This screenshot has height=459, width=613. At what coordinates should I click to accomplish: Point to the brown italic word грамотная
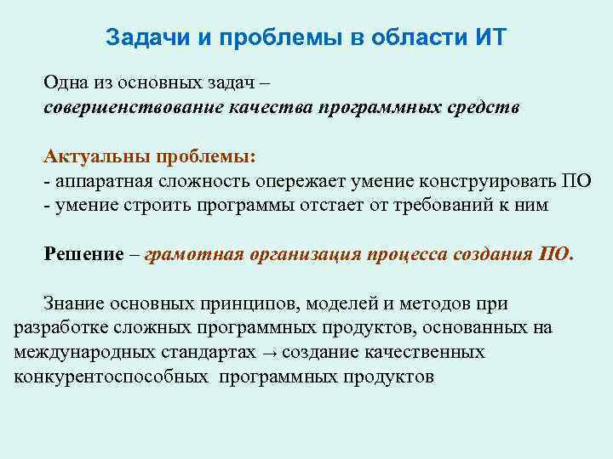pos(194,254)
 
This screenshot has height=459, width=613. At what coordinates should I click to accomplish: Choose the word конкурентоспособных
pos(112,376)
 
